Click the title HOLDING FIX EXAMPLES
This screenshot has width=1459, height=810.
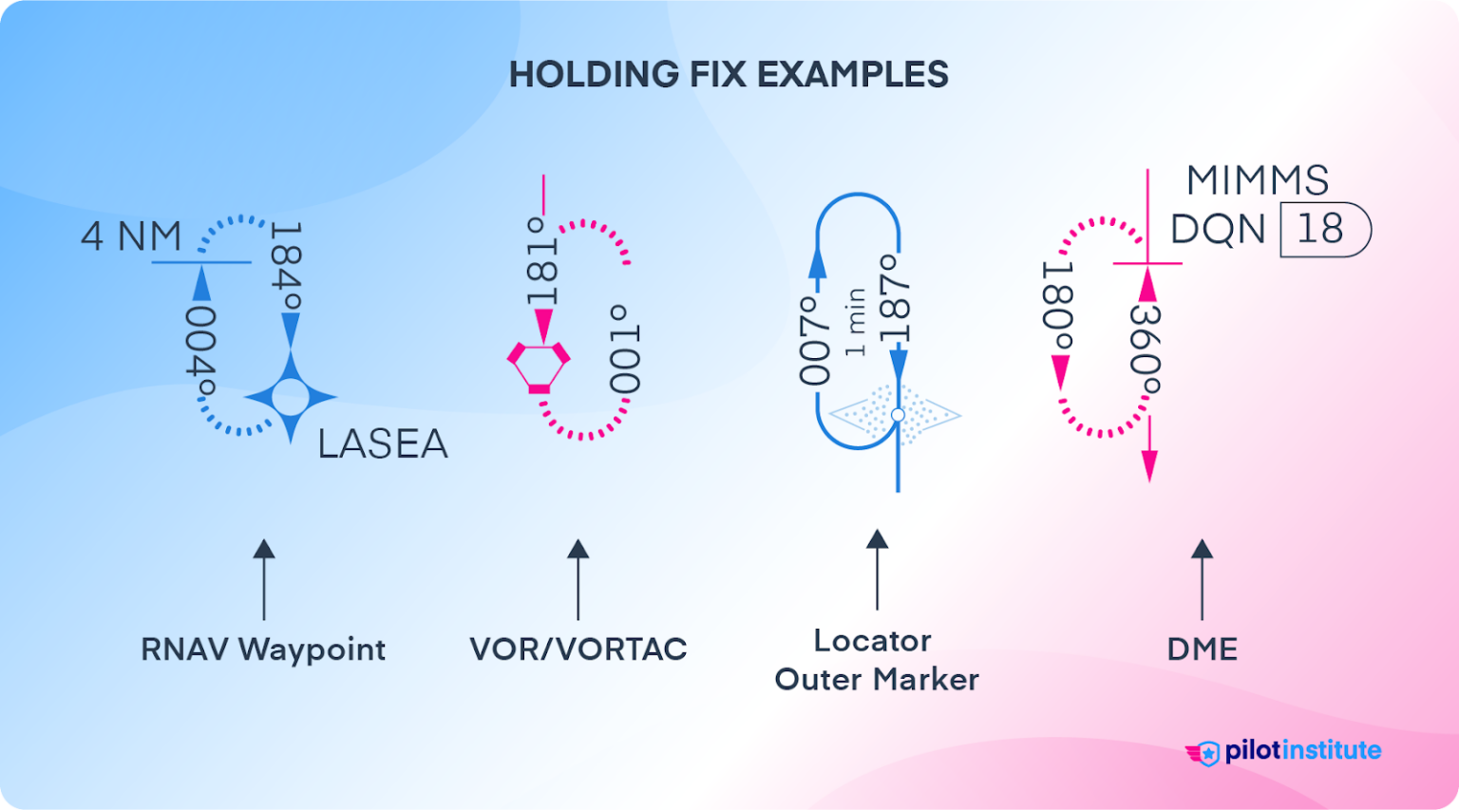(729, 74)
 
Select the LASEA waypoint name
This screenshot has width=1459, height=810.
(382, 443)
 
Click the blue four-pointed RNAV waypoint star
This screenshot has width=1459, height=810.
(290, 397)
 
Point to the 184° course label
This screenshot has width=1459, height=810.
(286, 268)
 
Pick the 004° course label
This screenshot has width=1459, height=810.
(200, 349)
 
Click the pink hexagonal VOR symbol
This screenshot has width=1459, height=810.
(539, 366)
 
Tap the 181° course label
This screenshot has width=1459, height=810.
(541, 261)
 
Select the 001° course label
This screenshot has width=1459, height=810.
(625, 348)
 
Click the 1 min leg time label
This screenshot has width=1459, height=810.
(855, 322)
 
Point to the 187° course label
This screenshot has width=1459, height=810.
(894, 298)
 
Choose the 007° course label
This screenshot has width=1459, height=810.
(814, 340)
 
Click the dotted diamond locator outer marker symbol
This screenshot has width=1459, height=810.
(895, 415)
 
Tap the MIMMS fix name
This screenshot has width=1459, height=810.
(1258, 180)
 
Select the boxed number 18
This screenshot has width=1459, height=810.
(1320, 229)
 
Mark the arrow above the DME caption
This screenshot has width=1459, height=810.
(1202, 578)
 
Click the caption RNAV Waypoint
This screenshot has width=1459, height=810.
(263, 650)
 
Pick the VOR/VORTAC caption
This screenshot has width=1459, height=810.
(578, 650)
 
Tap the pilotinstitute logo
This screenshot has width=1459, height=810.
(1283, 751)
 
